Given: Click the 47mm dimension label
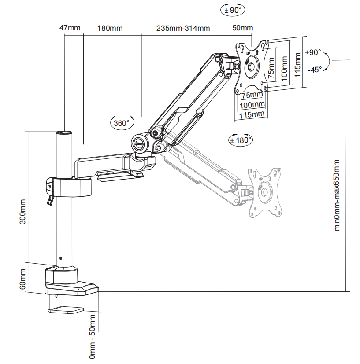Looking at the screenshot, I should [70, 28].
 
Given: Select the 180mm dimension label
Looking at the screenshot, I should [110, 28].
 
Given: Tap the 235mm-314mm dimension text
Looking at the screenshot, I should [183, 28].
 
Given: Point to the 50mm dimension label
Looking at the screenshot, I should [243, 28].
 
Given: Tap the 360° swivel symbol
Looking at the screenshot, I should [121, 123].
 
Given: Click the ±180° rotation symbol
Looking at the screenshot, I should [241, 140].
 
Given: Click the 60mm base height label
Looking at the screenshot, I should [23, 279].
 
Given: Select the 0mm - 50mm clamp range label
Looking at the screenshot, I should [93, 336].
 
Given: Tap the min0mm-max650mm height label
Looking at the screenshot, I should [338, 195].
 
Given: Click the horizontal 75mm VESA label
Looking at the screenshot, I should [252, 96].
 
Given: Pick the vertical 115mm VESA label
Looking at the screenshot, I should [298, 64].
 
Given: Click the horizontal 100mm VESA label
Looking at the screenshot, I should [252, 104].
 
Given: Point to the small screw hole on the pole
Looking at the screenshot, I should [61, 258].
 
